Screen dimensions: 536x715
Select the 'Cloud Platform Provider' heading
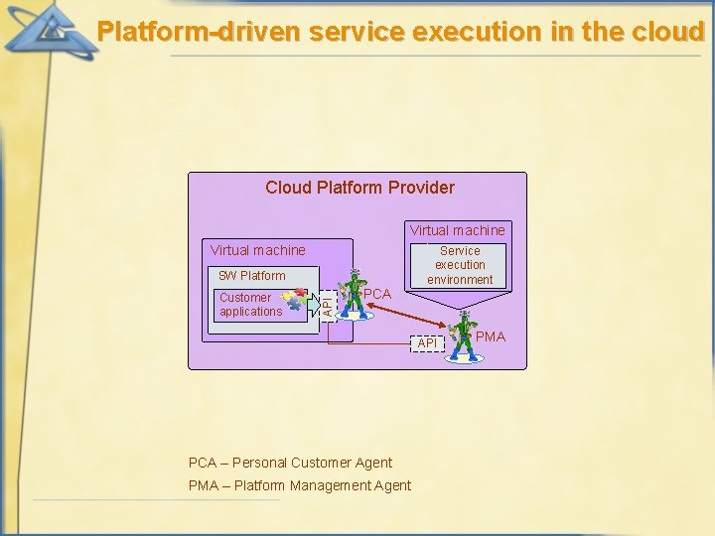(x=359, y=188)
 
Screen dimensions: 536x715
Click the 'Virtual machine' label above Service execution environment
(x=458, y=230)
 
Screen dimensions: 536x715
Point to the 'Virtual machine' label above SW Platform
(x=258, y=250)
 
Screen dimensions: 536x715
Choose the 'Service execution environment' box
(x=460, y=265)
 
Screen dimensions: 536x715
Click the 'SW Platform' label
(x=251, y=276)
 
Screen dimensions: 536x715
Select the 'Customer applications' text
(x=250, y=305)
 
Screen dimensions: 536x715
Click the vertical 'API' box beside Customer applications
(x=328, y=304)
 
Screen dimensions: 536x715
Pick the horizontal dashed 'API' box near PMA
(x=427, y=342)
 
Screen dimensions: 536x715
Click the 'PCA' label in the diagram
(x=377, y=294)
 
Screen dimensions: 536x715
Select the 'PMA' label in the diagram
(x=491, y=336)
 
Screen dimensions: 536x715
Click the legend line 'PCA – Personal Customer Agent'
(x=290, y=463)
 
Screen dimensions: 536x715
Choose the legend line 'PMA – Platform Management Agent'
(x=300, y=485)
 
